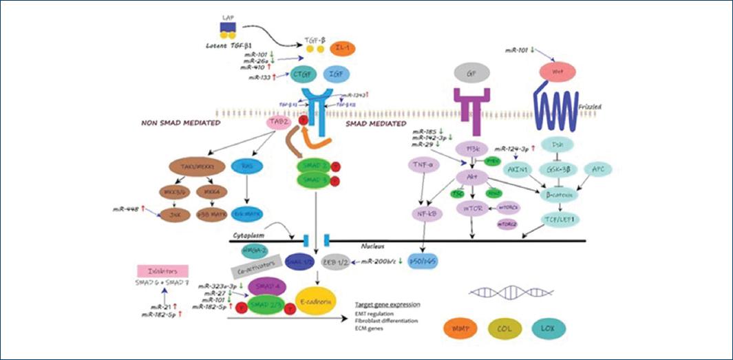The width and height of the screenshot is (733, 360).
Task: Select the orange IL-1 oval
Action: (x=341, y=48)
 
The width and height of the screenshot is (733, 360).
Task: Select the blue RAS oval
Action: (x=246, y=165)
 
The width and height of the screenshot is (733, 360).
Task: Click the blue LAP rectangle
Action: (x=228, y=27)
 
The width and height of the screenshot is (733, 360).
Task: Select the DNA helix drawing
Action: (x=502, y=293)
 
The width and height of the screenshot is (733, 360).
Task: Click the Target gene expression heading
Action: (x=387, y=304)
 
